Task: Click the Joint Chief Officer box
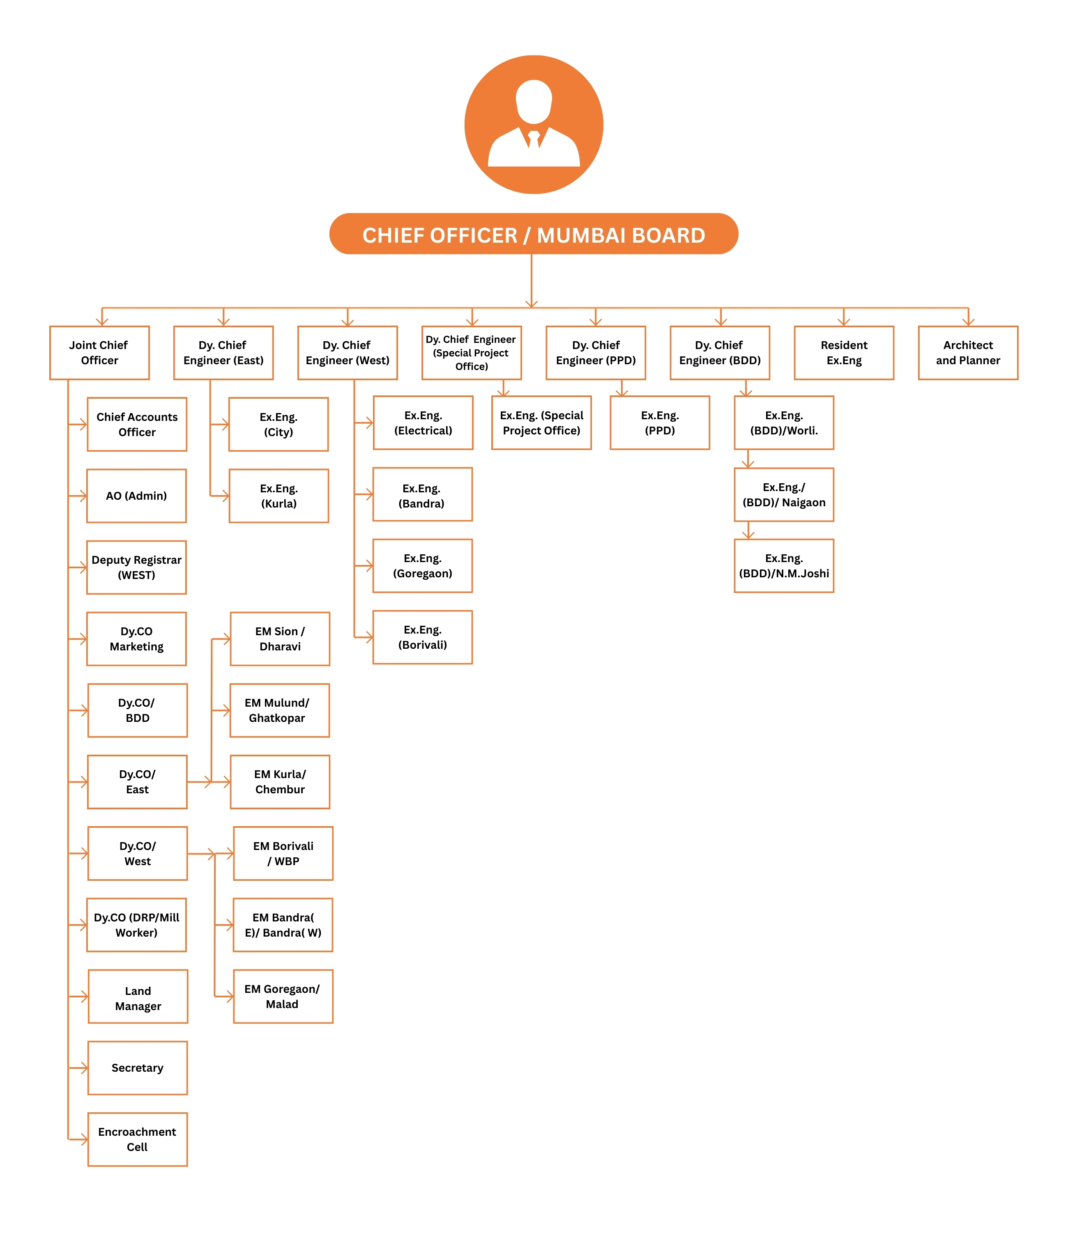point(99,353)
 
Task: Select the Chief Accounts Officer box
point(137,424)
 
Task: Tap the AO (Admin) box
point(136,496)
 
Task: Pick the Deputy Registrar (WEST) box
point(136,567)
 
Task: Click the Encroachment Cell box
point(138,1139)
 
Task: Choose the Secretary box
point(138,1068)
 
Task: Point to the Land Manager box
point(138,996)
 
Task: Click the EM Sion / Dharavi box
point(280,638)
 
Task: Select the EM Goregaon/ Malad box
point(283,996)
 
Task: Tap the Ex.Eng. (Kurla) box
point(279,496)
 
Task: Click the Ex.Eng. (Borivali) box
point(423,637)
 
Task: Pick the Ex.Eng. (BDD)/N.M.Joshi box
point(784,566)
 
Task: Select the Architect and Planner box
point(968,353)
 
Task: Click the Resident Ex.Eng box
point(844,353)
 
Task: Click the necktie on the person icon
point(534,139)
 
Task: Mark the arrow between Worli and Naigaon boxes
point(748,459)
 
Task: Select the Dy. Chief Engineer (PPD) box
point(596,353)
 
